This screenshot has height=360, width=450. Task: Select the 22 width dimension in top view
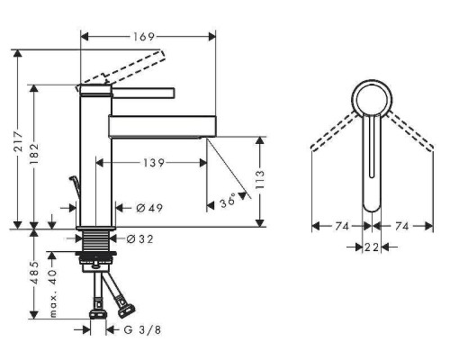click(371, 246)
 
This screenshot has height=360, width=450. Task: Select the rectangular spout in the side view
click(162, 125)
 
